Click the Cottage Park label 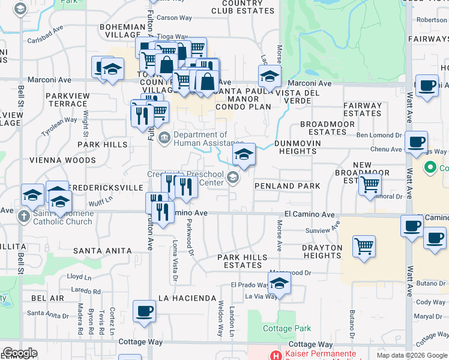click(x=287, y=328)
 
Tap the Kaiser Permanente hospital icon click(x=276, y=355)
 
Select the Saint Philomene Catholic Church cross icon click(x=23, y=216)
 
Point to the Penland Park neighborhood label click(x=286, y=186)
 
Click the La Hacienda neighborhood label click(x=187, y=298)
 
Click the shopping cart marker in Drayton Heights click(x=364, y=247)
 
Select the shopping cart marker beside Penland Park click(x=370, y=184)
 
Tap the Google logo click(x=20, y=353)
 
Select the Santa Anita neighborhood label click(x=102, y=250)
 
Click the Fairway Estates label click(x=363, y=109)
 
